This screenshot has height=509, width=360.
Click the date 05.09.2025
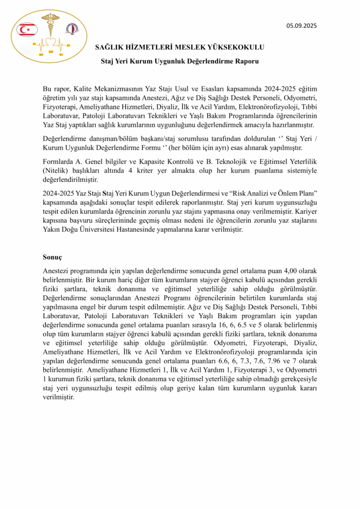click(302, 26)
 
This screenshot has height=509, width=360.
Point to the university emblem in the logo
click(73, 30)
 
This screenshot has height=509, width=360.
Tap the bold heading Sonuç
click(52, 258)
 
